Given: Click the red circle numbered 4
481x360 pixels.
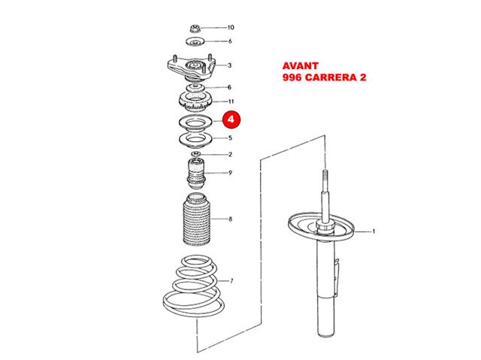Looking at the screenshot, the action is [x=231, y=119].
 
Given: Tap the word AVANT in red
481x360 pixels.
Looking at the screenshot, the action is [x=301, y=66].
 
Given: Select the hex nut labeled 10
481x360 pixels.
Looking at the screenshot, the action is [x=195, y=29].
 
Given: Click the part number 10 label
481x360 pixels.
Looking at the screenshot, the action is [x=231, y=28].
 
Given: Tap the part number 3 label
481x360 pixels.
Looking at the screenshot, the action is [x=229, y=65].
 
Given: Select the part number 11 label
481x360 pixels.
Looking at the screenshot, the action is [x=231, y=101].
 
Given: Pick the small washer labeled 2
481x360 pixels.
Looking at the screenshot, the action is [x=195, y=153].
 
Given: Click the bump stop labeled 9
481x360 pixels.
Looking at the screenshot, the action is [x=195, y=174].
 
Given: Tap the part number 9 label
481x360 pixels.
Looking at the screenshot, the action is [x=231, y=173].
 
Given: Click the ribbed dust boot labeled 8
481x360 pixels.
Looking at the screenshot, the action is [x=196, y=219].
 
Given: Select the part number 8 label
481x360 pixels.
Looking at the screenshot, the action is [x=231, y=219].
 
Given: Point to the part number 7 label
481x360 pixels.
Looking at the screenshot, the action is [x=231, y=280].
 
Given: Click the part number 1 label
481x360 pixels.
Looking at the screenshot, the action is [x=374, y=231].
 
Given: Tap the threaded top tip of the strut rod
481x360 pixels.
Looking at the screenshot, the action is [x=325, y=171].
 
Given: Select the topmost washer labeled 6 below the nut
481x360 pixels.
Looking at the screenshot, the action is [x=195, y=41].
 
